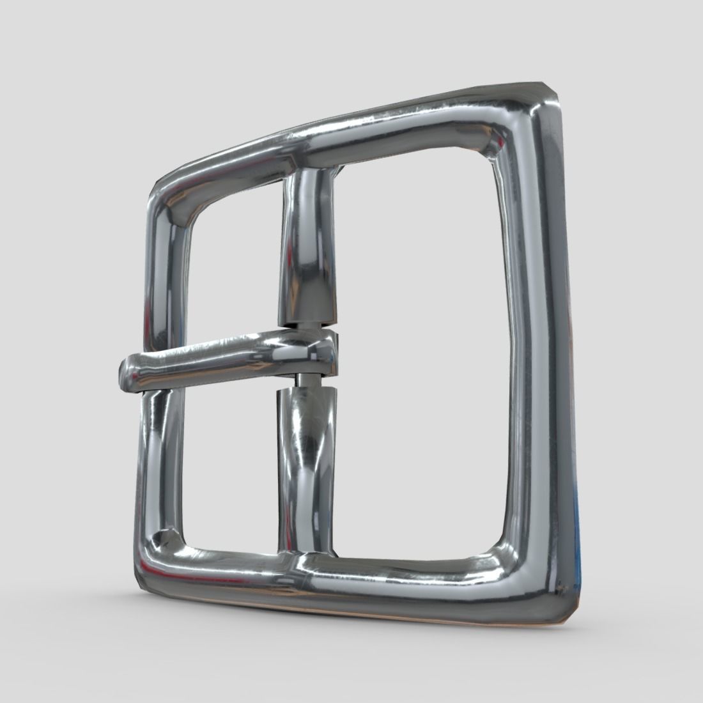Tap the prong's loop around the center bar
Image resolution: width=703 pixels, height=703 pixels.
coord(313,355)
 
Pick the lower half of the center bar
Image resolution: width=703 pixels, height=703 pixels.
coord(305,467)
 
